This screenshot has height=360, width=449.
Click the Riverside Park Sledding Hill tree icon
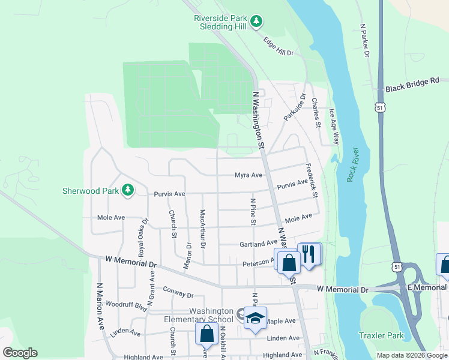point(256,22)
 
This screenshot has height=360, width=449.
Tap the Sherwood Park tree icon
point(127,190)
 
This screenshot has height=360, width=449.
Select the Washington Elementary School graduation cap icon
point(255,317)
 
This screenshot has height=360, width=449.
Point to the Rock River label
point(352,164)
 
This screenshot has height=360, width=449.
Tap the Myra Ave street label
point(249,175)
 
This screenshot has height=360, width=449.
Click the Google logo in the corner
point(20,353)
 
